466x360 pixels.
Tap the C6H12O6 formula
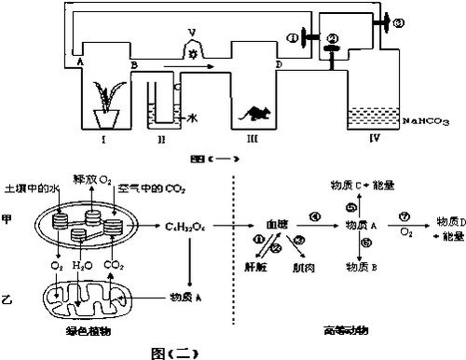(x=186, y=226)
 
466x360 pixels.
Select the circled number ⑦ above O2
(x=403, y=215)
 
